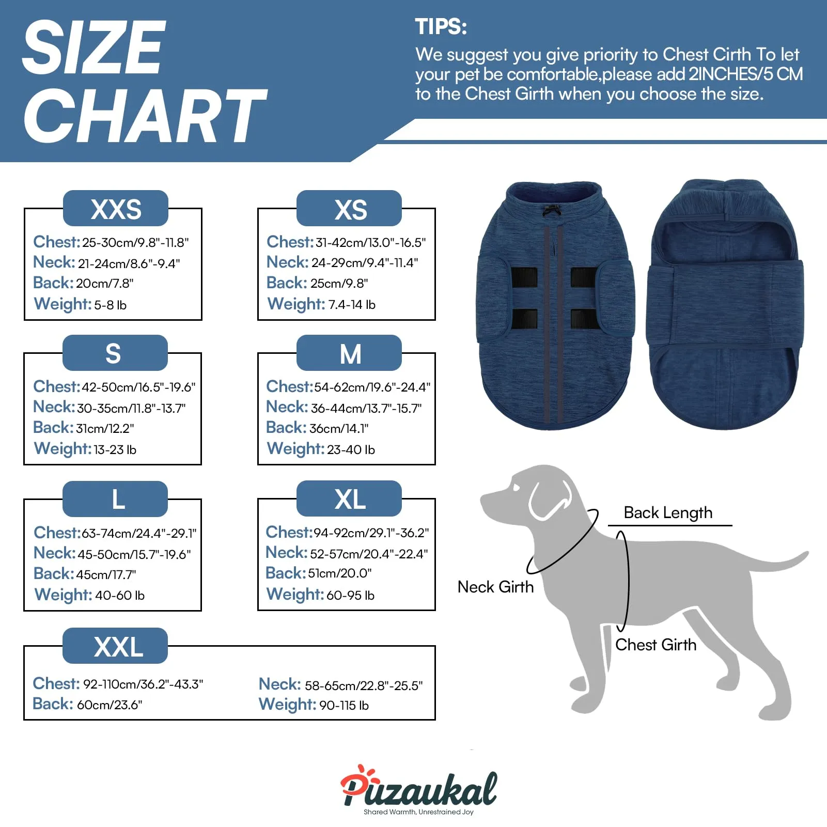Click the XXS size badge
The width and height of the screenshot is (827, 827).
click(x=116, y=208)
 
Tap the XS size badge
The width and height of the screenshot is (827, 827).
click(x=349, y=208)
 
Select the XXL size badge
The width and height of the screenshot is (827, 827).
click(x=115, y=646)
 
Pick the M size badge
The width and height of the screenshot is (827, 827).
click(x=349, y=353)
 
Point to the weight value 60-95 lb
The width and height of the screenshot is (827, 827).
click(x=350, y=595)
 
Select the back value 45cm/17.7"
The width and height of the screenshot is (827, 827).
click(x=106, y=574)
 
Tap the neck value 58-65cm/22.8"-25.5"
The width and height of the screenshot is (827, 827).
click(x=364, y=685)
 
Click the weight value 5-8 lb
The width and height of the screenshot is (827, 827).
click(x=110, y=305)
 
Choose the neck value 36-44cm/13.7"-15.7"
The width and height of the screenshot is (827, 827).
click(x=366, y=408)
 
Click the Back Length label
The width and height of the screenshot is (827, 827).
click(x=668, y=512)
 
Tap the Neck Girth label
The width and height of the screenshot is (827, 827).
click(x=495, y=587)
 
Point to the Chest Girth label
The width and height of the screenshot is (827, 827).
click(x=656, y=645)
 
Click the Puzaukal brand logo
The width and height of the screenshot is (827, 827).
click(x=418, y=789)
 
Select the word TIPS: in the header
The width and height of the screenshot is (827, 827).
click(x=441, y=27)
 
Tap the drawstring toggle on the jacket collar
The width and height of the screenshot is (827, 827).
click(x=552, y=211)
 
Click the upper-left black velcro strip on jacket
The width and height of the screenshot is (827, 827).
click(x=524, y=277)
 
